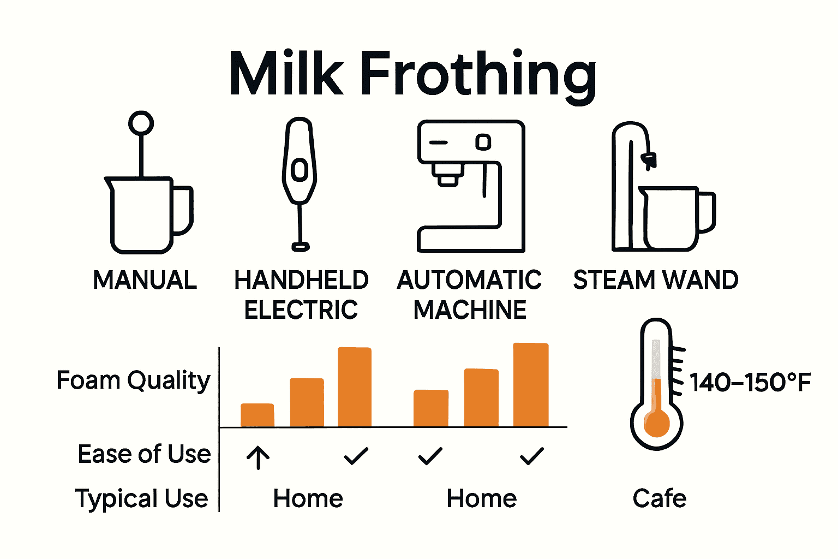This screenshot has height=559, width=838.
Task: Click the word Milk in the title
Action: [286, 74]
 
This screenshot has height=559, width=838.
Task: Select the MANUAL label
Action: [145, 280]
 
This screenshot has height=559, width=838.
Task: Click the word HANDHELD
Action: [301, 280]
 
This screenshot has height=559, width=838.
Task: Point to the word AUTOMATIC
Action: [469, 280]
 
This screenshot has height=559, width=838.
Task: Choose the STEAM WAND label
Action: [656, 280]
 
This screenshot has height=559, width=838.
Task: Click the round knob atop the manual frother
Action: [141, 123]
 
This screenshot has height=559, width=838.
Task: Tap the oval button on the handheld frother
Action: [300, 170]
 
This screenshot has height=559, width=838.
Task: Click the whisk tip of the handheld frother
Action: [300, 247]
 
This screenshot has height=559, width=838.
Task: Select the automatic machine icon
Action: [470, 186]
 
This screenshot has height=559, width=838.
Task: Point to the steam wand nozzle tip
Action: [649, 160]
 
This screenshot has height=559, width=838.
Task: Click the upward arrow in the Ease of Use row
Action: [258, 457]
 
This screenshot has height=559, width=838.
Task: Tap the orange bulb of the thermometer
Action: [656, 423]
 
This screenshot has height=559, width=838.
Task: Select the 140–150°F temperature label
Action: [750, 382]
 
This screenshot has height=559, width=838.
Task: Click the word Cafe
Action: [659, 498]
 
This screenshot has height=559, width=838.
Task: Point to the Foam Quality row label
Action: [133, 380]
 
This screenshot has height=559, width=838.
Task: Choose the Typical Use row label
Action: [142, 499]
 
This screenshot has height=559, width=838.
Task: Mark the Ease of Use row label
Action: [144, 454]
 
